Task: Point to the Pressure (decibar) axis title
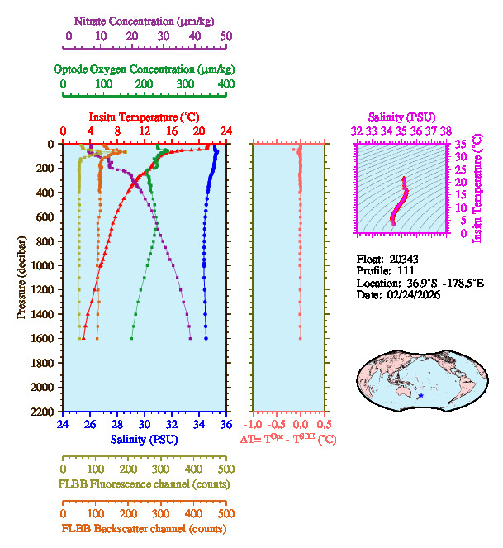tap(21, 277)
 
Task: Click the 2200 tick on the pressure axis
tap(44, 412)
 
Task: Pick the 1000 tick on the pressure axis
tap(44, 265)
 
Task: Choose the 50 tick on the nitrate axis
tap(226, 36)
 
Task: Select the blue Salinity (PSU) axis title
tap(144, 440)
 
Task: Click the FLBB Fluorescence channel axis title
tap(144, 484)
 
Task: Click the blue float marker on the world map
tap(420, 397)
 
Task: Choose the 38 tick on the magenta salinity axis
tap(446, 131)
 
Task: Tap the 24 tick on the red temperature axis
tap(225, 131)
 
